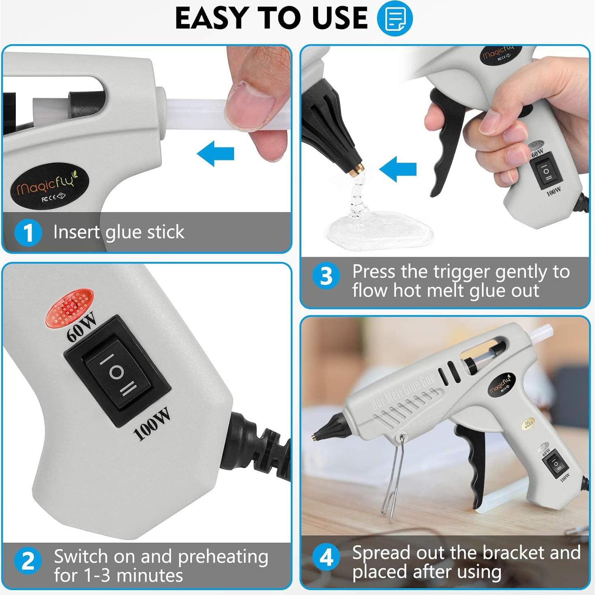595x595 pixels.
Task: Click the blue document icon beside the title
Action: point(395,18)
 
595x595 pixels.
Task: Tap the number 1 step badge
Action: point(28,232)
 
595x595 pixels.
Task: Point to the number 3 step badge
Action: point(326,276)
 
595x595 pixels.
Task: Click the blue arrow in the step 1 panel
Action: point(215,153)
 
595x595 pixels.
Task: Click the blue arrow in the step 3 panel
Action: point(398,169)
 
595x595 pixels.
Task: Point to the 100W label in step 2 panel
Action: point(152,423)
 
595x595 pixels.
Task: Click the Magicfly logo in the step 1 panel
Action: point(49,188)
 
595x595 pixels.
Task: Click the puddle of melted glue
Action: point(380,228)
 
